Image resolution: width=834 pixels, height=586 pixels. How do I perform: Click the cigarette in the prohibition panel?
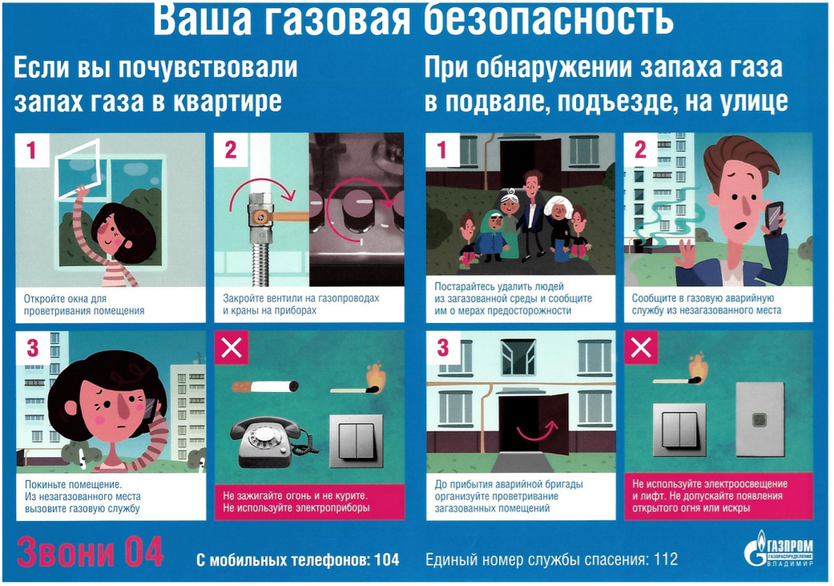[265, 386]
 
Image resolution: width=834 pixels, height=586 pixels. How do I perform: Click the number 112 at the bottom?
[666, 560]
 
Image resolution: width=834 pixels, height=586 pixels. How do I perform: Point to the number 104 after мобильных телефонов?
[387, 560]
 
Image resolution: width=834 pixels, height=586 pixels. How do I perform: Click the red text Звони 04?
[90, 552]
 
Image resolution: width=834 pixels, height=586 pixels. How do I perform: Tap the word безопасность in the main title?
[549, 19]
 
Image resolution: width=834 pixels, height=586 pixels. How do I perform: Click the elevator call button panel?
[759, 419]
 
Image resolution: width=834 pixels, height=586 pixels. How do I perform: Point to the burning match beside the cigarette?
[358, 380]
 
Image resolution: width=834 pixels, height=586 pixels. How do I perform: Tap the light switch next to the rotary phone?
[356, 441]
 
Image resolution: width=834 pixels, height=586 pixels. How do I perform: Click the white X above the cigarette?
[232, 348]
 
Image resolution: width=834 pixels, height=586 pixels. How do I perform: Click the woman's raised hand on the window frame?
[81, 192]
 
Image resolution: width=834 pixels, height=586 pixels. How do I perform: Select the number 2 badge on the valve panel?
[231, 150]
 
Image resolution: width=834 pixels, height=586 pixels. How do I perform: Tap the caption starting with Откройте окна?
[84, 305]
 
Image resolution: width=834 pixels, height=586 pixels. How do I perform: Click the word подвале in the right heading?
[498, 102]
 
